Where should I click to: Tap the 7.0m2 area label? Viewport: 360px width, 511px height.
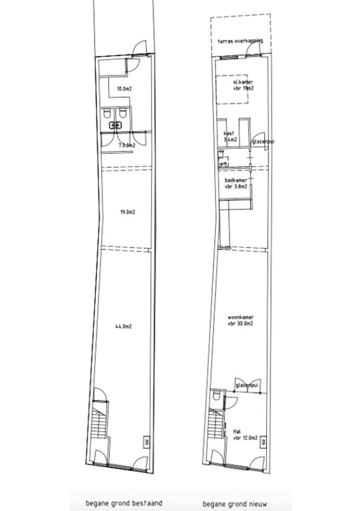[126, 144]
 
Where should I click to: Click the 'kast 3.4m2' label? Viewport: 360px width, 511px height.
[230, 136]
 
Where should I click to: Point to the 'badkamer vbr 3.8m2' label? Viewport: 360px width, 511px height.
[238, 183]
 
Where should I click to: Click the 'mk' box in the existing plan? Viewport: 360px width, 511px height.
[146, 442]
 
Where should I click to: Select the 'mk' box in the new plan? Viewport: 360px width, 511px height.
[263, 442]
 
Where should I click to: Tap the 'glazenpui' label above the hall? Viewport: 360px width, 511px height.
[246, 384]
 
